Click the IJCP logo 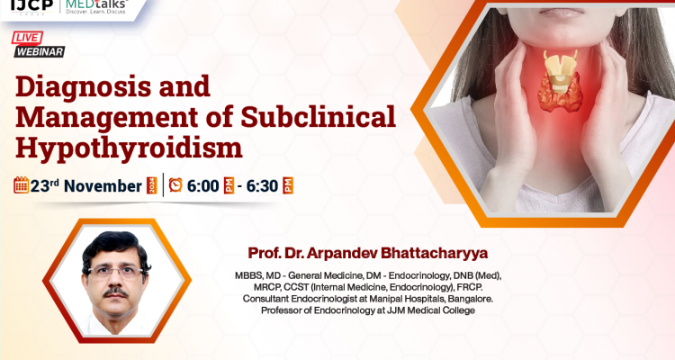[29, 6]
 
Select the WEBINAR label [38, 52]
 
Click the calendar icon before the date [21, 184]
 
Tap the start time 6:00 [204, 185]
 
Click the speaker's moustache [114, 292]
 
